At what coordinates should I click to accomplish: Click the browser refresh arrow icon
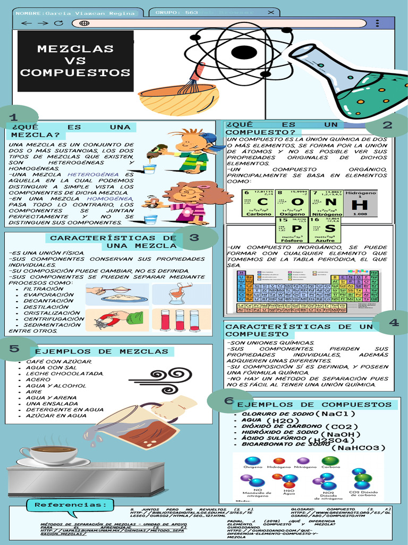pyautogui.click(x=59, y=23)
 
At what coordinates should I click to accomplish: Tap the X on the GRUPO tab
pyautogui.click(x=271, y=12)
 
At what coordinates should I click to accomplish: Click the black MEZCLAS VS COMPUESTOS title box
pyautogui.click(x=76, y=61)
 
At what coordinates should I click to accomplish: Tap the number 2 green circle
pyautogui.click(x=387, y=126)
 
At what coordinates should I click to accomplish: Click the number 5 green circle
pyautogui.click(x=16, y=349)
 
